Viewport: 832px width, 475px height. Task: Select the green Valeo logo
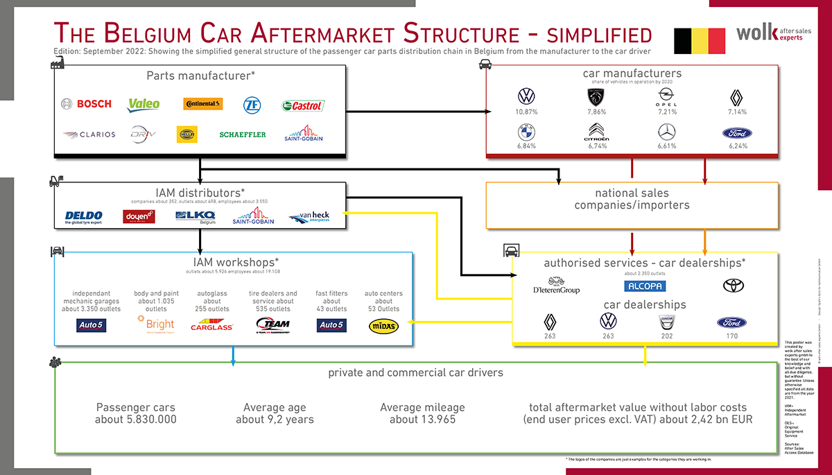coord(144,104)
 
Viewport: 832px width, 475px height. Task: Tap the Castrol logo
coord(303,105)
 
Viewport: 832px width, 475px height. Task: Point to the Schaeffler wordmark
coord(243,135)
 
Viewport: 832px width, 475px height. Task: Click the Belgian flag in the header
coord(700,41)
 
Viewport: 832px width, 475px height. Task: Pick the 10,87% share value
coord(526,112)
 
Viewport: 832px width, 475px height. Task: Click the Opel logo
coord(664,96)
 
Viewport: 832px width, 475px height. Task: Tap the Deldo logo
coord(83,218)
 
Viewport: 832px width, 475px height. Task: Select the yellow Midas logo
coord(383,325)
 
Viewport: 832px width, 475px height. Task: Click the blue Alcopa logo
coord(644,286)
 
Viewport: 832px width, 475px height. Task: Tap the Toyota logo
coord(733,285)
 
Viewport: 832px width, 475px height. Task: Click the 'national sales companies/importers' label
coord(631,199)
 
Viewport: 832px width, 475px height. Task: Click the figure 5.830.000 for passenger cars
coord(135,420)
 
